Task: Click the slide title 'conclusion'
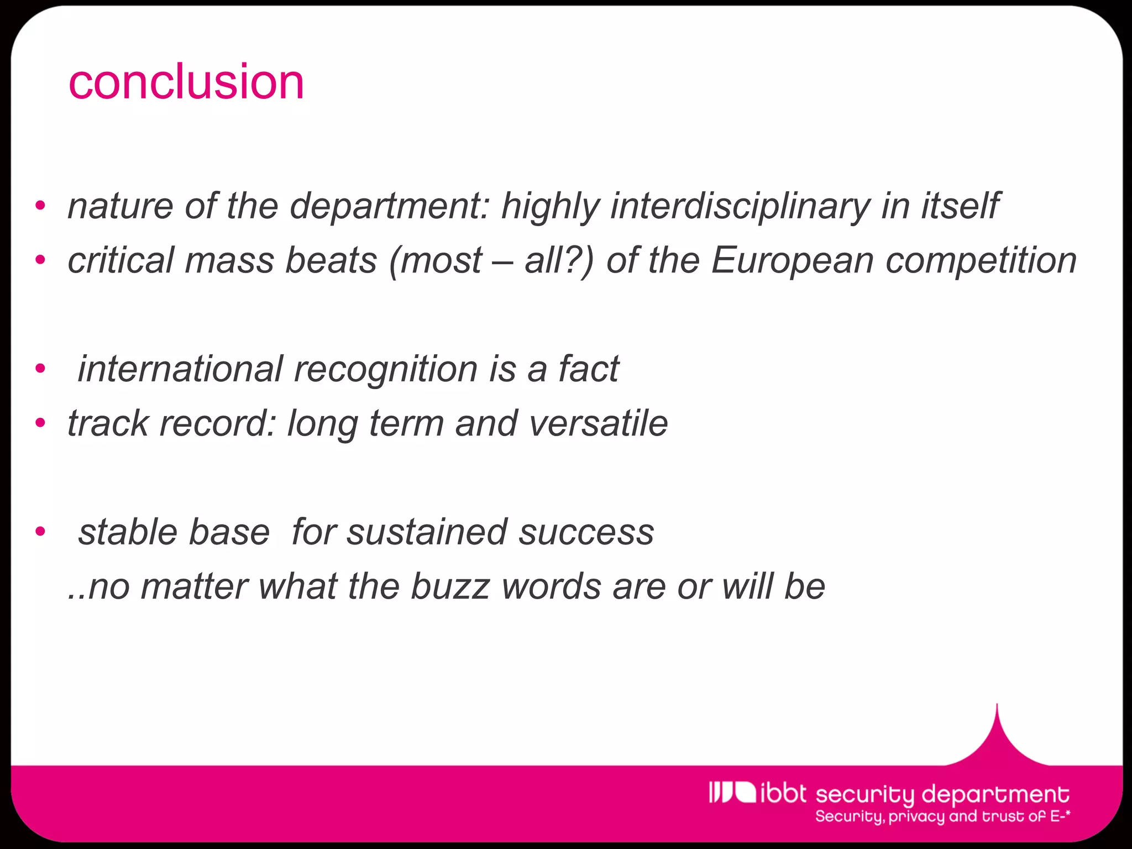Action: point(186,83)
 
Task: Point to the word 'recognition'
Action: point(386,369)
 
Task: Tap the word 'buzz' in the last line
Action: point(450,587)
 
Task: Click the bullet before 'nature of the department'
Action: point(40,206)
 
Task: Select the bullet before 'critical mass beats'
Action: point(40,260)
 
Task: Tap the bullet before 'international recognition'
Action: point(40,369)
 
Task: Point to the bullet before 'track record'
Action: point(40,423)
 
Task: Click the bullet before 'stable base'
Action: point(40,532)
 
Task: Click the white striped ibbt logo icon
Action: point(732,792)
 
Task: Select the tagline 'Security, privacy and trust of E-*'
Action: point(942,817)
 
